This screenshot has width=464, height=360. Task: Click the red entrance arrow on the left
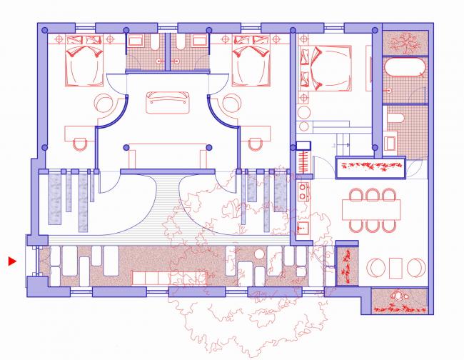click(11, 262)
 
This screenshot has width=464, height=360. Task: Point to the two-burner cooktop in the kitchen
click(303, 191)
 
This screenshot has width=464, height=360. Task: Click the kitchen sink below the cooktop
click(303, 229)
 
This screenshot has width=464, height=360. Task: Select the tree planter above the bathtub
click(405, 41)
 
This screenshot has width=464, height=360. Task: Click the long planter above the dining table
click(370, 167)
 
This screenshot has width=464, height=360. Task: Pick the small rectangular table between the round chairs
click(394, 267)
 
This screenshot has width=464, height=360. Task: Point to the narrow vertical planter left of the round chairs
click(346, 266)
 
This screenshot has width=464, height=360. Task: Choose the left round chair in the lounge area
click(375, 268)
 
